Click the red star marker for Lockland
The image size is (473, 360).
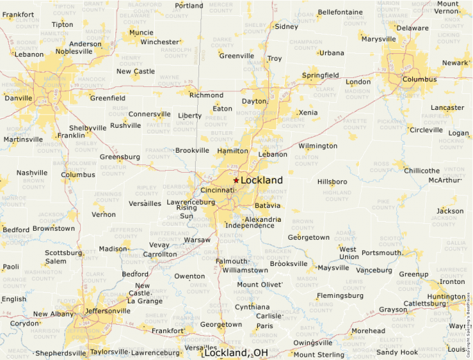click(236, 180)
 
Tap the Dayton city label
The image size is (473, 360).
click(254, 102)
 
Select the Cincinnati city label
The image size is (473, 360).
click(216, 190)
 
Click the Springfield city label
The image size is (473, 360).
click(320, 75)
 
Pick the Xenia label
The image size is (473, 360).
click(308, 113)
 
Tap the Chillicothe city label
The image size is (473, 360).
click(422, 171)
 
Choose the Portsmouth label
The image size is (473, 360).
click(382, 253)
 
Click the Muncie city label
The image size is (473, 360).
click(141, 32)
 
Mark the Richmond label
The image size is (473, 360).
click(206, 95)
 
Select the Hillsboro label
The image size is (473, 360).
click(332, 182)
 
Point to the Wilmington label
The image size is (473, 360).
click(318, 146)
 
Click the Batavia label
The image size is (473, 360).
click(268, 206)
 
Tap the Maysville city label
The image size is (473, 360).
click(333, 268)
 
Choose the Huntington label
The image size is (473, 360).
click(446, 297)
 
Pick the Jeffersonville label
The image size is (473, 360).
click(107, 311)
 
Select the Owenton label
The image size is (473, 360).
click(189, 276)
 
